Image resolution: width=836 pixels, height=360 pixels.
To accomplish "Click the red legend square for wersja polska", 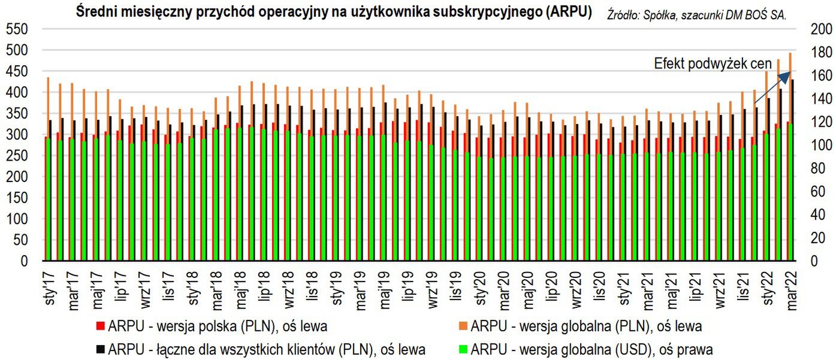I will (x=100, y=327).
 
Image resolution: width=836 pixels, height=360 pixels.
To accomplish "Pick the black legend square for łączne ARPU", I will (x=100, y=349).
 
